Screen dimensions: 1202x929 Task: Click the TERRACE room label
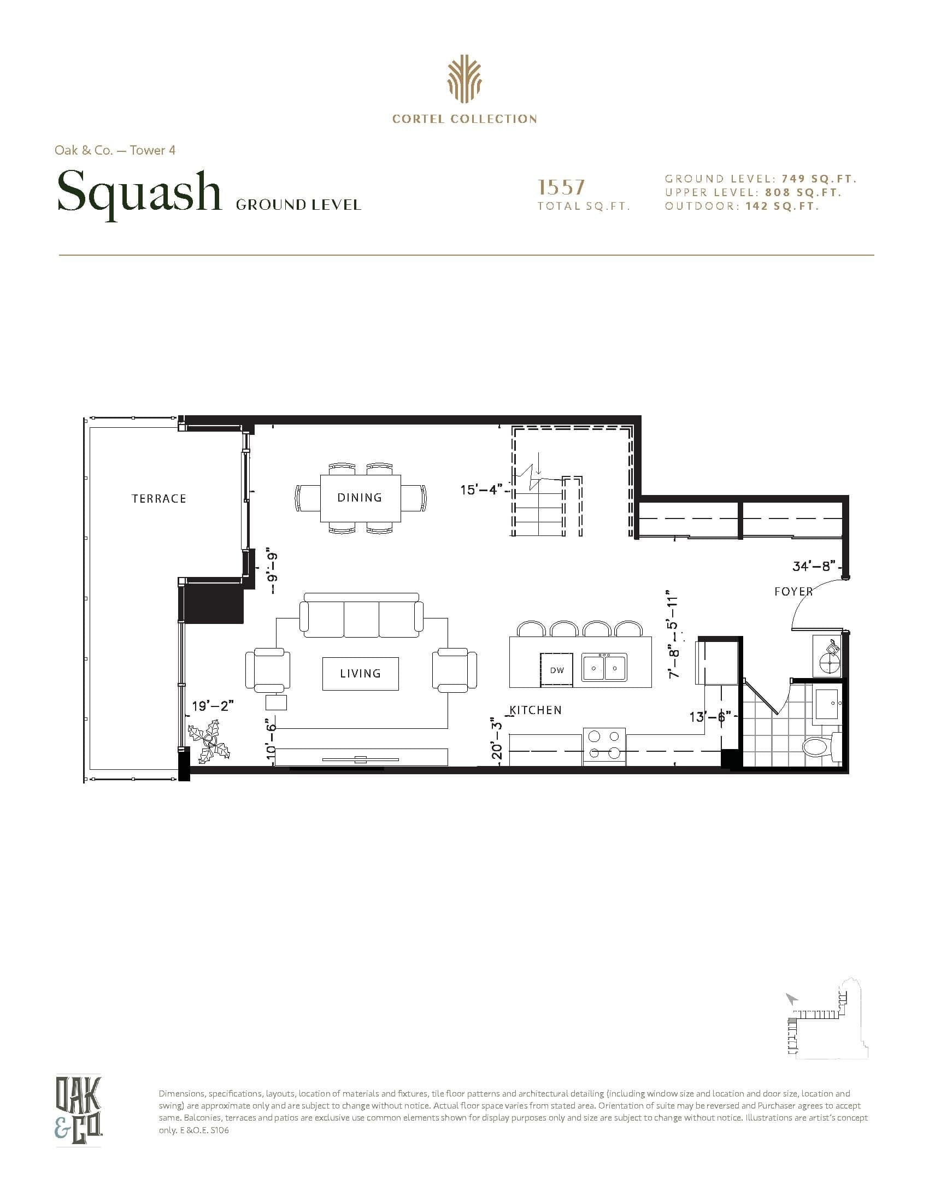pos(158,499)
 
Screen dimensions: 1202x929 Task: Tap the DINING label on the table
pos(360,498)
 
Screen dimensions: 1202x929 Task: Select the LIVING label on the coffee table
pos(360,673)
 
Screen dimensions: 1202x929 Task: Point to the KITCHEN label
pos(536,710)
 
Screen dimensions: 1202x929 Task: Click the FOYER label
pos(793,592)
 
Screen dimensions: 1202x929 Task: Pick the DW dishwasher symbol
pos(556,670)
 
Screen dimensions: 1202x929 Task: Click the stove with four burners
pos(604,746)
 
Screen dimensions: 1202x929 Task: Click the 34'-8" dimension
pos(814,566)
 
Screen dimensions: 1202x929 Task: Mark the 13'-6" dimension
pos(710,717)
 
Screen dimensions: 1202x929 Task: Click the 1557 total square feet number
pos(561,187)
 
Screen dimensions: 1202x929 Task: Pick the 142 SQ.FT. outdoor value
pos(782,207)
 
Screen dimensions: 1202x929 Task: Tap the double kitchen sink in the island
pos(604,668)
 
